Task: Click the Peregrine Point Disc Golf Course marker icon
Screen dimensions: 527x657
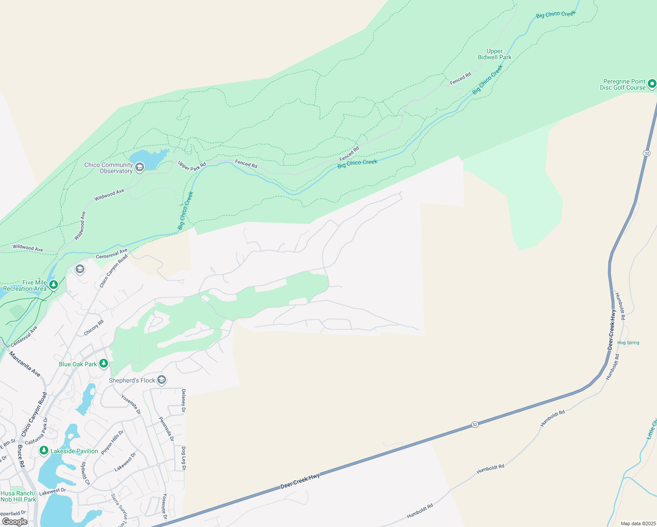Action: pos(652,83)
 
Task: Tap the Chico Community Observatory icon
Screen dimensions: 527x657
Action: pos(140,167)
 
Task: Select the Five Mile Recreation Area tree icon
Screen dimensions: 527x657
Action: pos(54,285)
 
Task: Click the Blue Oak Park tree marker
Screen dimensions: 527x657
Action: pos(104,363)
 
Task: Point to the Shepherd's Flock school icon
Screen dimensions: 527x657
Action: pos(162,379)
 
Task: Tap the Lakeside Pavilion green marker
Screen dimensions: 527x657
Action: pos(43,451)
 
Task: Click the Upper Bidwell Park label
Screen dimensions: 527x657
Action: pos(495,54)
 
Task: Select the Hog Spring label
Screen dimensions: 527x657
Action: pos(628,343)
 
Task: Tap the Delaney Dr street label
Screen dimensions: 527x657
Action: pos(184,401)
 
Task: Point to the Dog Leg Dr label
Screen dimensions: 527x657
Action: pos(184,458)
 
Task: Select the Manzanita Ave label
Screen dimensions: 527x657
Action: pos(25,365)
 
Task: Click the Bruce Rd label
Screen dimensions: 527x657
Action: pos(20,456)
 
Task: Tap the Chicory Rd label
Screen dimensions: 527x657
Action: pos(94,328)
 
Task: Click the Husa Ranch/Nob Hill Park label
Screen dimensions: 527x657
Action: pos(18,496)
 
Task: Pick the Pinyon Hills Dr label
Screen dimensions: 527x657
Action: pos(112,442)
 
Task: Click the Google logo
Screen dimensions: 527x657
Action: pos(14,522)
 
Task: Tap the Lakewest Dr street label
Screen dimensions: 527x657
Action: pos(52,492)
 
